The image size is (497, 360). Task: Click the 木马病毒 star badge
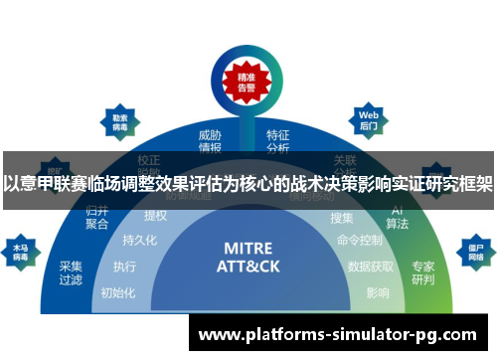pyautogui.click(x=20, y=248)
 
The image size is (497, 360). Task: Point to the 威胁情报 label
pyautogui.click(x=210, y=141)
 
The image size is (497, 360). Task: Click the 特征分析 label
pyautogui.click(x=278, y=141)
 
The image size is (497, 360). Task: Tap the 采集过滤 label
pyautogui.click(x=72, y=272)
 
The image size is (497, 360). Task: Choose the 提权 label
pyautogui.click(x=156, y=216)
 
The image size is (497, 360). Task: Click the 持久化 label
pyautogui.click(x=140, y=240)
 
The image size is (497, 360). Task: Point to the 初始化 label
pyautogui.click(x=116, y=292)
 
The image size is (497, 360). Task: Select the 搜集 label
pyautogui.click(x=341, y=217)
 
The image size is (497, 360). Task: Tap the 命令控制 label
pyautogui.click(x=359, y=240)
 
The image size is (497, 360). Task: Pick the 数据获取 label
pyautogui.click(x=371, y=267)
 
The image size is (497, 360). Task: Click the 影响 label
pyautogui.click(x=378, y=292)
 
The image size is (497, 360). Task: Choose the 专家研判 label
pyautogui.click(x=422, y=272)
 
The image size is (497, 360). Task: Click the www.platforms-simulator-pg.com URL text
pyautogui.click(x=338, y=335)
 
